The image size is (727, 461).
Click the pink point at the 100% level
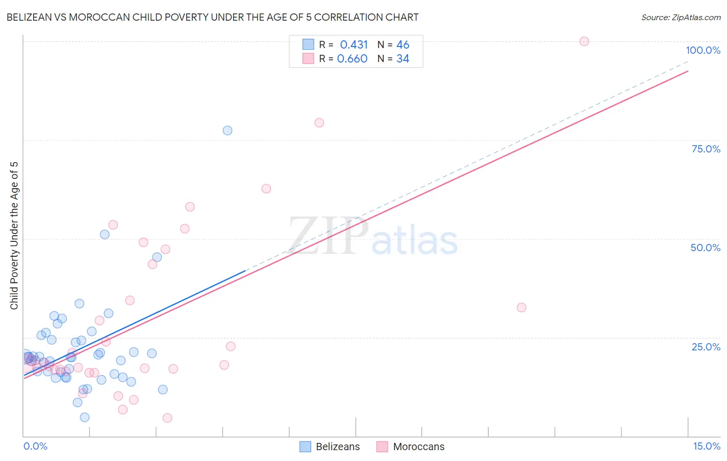coord(584,41)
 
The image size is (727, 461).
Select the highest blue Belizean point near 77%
coord(228,130)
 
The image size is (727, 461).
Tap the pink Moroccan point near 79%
coord(319,122)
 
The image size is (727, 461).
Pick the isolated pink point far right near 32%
coord(521,308)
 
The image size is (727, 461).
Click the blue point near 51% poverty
coord(104,234)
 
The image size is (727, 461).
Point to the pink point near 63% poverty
coord(266,189)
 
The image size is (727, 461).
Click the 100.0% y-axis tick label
coord(703,50)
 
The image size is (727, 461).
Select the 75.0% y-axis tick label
coord(706,149)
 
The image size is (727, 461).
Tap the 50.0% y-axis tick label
coord(705,248)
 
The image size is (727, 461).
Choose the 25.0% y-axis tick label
coord(706,346)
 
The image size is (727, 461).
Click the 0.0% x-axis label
coord(35,446)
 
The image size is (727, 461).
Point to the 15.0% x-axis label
coord(706,446)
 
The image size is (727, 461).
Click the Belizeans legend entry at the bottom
coord(338,447)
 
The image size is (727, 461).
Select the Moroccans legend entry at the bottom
coord(418,447)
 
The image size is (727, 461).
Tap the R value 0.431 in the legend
coord(354,44)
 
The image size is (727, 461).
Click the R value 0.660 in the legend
coord(352,58)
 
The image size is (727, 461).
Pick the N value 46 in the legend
coord(403,44)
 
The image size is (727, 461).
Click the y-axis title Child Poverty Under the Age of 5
coord(14,236)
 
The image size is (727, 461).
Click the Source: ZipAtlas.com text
coord(680,17)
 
